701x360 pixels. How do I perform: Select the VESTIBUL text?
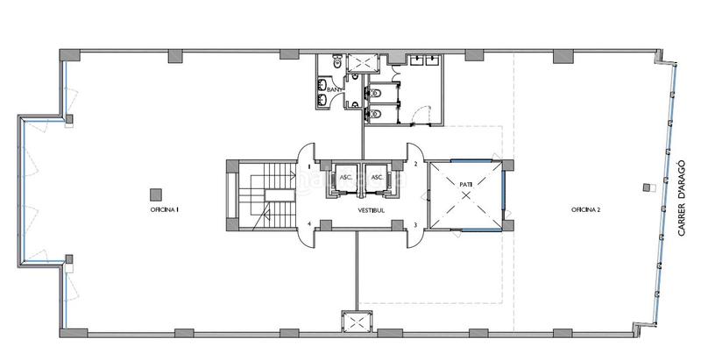(371, 210)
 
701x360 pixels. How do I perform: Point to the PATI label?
(466, 183)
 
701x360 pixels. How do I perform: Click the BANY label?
(334, 89)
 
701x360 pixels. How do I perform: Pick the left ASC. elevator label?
(346, 177)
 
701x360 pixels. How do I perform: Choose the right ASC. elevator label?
(378, 177)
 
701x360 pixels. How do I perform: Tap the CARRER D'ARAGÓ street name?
(683, 198)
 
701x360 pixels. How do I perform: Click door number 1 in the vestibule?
(308, 166)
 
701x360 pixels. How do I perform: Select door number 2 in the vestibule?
(415, 164)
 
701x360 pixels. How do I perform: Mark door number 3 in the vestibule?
(415, 225)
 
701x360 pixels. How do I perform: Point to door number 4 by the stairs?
(309, 224)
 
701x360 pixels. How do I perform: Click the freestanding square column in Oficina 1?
(156, 194)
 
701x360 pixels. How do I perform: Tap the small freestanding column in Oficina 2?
(647, 187)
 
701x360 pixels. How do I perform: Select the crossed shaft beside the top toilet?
(363, 63)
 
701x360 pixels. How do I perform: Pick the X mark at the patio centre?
(466, 194)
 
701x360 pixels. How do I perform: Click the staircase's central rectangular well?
(279, 195)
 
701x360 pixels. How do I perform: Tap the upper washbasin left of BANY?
(322, 83)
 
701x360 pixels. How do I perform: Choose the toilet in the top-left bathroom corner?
(336, 63)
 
